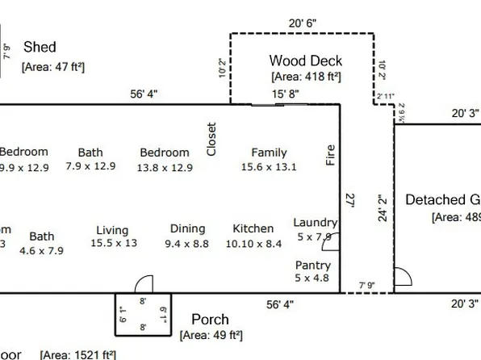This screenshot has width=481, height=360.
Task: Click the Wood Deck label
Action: (305, 61)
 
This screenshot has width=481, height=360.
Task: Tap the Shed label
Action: (40, 48)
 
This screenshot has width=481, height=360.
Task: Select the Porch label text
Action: (210, 320)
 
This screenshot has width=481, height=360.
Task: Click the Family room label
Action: (269, 152)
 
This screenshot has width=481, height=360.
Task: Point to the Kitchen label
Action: (253, 228)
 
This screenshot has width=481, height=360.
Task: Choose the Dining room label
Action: (187, 228)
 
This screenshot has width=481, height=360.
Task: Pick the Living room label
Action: (112, 230)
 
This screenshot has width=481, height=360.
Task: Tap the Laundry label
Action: (315, 223)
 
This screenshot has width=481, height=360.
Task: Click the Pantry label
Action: (312, 265)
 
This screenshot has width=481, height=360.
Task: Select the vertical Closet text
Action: (211, 139)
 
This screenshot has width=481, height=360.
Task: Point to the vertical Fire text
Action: (329, 155)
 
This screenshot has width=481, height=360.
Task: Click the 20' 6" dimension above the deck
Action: (302, 23)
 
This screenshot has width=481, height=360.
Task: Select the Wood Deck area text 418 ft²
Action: (306, 77)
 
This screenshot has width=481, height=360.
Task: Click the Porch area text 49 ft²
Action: (211, 335)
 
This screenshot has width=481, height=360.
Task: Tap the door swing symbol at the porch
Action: (144, 284)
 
